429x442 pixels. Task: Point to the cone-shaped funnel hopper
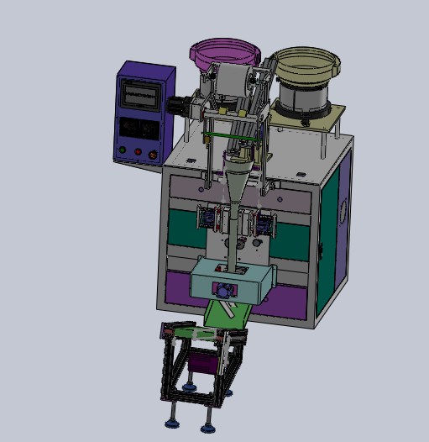coord(238,179)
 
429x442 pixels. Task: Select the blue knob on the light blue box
coord(224,291)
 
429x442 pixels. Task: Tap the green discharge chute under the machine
coord(228,314)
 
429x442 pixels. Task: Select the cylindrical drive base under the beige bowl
coord(304,98)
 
